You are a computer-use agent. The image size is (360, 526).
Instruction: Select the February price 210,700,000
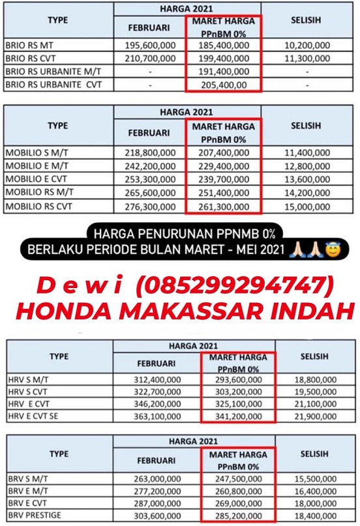click(149, 59)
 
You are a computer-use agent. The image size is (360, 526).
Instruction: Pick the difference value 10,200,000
click(307, 46)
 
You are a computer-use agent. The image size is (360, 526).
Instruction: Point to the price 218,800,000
click(149, 153)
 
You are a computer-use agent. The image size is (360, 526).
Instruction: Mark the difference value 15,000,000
click(307, 207)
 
